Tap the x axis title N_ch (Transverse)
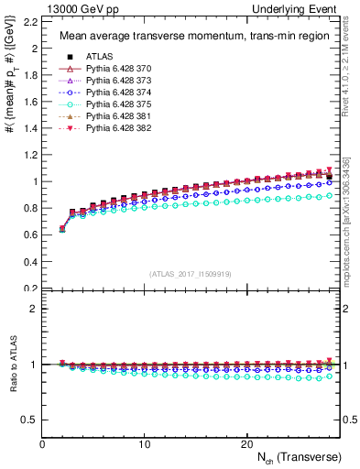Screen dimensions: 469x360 (x=300, y=457)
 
